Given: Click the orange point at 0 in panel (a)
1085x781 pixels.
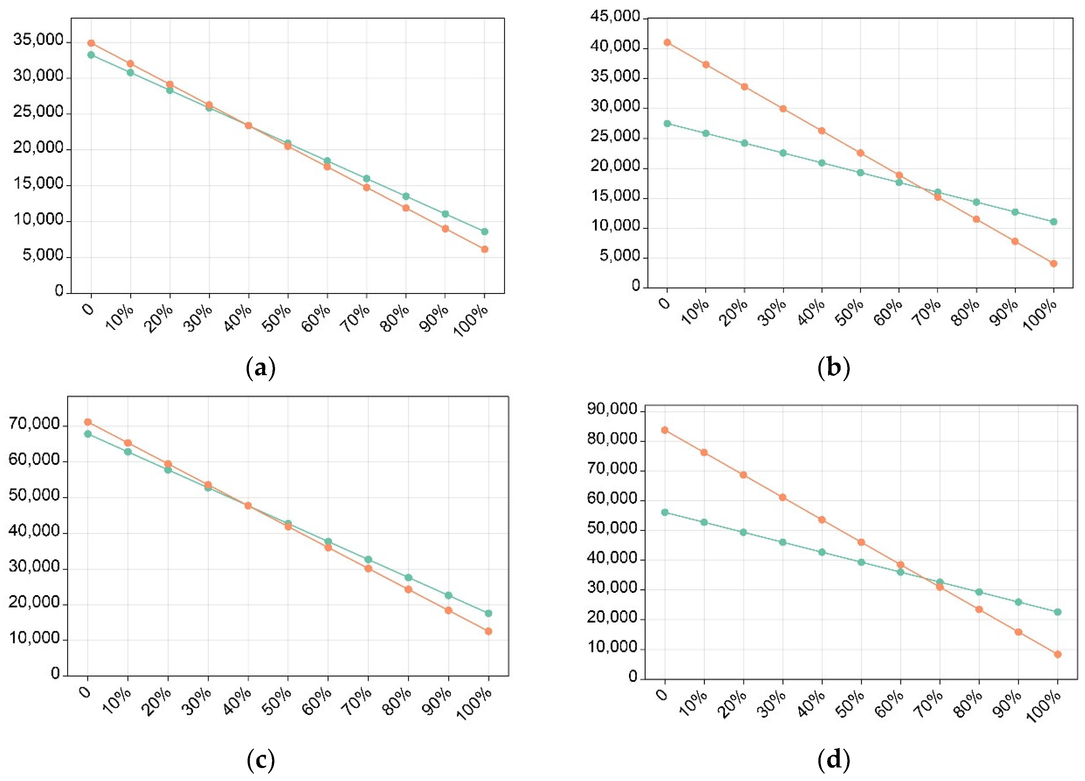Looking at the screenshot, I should [91, 43].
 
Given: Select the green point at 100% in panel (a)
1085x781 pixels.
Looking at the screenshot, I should [484, 232].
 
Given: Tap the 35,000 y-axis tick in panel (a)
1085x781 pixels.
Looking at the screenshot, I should [38, 40].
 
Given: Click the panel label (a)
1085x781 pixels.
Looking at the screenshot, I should [261, 368].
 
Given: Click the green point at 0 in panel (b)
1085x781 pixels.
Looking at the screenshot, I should [667, 124].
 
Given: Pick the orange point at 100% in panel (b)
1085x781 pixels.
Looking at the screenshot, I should [1053, 264].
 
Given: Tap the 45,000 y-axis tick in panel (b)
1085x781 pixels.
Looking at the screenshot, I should [615, 17].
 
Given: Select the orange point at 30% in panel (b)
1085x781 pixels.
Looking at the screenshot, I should [783, 109].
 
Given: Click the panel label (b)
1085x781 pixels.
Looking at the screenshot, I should [834, 368].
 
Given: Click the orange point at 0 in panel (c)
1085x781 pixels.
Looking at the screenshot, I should [88, 422].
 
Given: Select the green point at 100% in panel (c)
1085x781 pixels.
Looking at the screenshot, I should [488, 613].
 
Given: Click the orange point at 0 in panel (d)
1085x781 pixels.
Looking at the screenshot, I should [665, 430].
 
